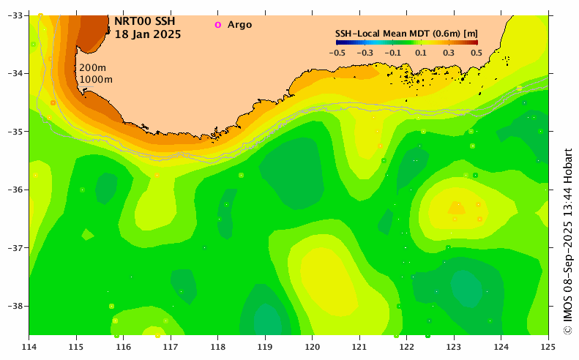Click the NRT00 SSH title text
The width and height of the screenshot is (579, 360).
pos(145,21)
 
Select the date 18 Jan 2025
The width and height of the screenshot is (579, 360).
pos(148,34)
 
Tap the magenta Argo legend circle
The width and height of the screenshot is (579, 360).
pos(217,25)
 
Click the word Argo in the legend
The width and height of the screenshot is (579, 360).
pos(239,25)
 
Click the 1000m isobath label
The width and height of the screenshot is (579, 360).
pos(96,79)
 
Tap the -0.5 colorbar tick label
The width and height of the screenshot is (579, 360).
pos(337,53)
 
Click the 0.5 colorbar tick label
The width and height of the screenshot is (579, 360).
pos(476,53)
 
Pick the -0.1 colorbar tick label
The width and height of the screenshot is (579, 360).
pos(393,53)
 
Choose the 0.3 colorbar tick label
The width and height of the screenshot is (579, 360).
pos(448,53)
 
